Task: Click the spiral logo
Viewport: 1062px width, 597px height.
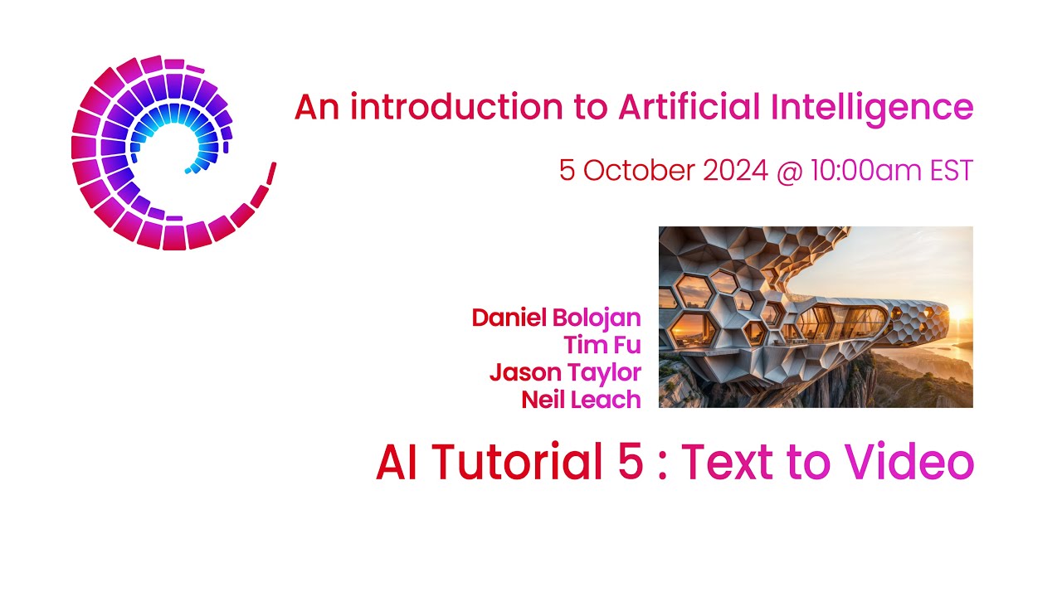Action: (x=166, y=153)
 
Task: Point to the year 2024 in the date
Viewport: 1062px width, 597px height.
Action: (x=735, y=171)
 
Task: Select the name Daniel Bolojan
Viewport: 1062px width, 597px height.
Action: (x=556, y=318)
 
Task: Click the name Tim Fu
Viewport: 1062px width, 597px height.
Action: (x=602, y=344)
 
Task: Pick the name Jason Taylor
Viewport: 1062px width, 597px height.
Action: (x=565, y=372)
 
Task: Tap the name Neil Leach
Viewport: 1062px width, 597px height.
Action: (x=581, y=400)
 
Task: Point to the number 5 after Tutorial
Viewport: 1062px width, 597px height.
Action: (x=630, y=462)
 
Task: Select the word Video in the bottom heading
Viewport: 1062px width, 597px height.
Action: (x=911, y=462)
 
